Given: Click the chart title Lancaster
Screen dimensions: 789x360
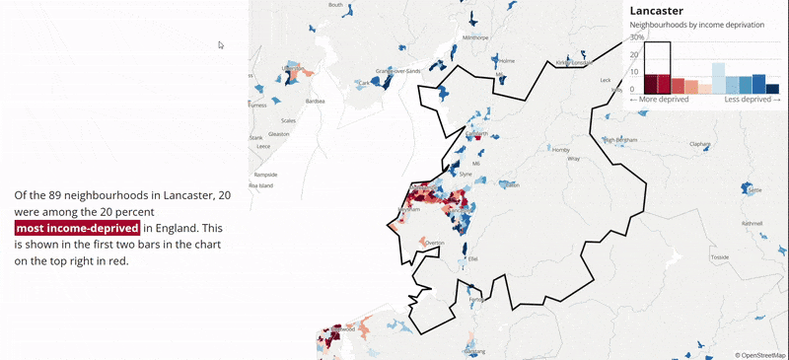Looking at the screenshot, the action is click(x=657, y=10).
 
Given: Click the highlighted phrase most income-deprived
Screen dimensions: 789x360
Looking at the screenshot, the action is click(x=77, y=229).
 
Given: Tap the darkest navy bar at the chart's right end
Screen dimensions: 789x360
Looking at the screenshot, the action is click(x=772, y=89).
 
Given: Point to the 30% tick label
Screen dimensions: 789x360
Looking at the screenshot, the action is click(x=637, y=37).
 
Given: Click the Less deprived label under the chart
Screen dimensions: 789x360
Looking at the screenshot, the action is click(x=753, y=100).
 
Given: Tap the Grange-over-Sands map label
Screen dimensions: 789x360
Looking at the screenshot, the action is click(x=398, y=71).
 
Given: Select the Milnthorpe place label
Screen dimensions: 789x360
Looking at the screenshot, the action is click(x=475, y=37).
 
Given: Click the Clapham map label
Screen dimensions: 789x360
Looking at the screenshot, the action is click(x=700, y=144).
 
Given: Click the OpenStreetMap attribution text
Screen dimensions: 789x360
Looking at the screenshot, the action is click(x=760, y=354).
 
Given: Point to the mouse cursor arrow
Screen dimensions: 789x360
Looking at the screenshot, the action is click(x=221, y=44).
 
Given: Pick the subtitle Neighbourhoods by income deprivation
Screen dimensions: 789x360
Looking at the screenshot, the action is click(x=689, y=24).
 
